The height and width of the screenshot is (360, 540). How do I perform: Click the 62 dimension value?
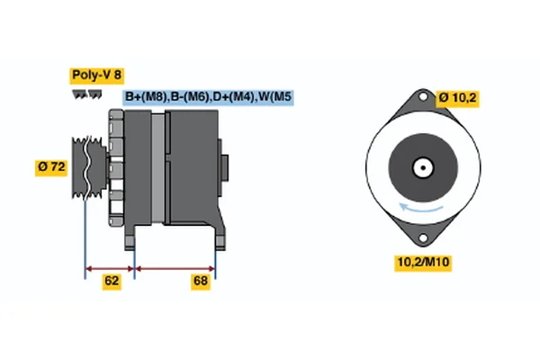tap(112, 282)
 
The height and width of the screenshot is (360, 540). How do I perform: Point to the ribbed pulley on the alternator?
tap(85, 166)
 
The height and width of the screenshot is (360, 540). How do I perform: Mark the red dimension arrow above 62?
tap(109, 268)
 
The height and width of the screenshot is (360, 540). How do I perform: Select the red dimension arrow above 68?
tap(175, 268)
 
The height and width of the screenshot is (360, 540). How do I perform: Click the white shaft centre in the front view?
tap(421, 167)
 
